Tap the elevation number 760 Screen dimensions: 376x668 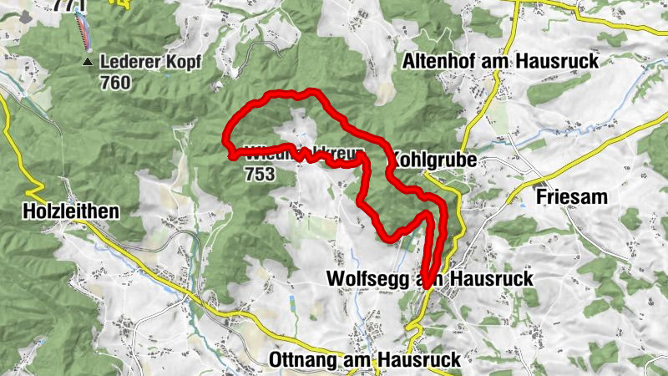[114, 83]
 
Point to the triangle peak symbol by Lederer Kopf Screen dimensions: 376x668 [88, 62]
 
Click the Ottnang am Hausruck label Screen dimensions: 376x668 [366, 359]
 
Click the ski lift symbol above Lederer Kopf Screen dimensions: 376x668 [82, 30]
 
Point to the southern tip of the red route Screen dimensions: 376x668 [426, 287]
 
